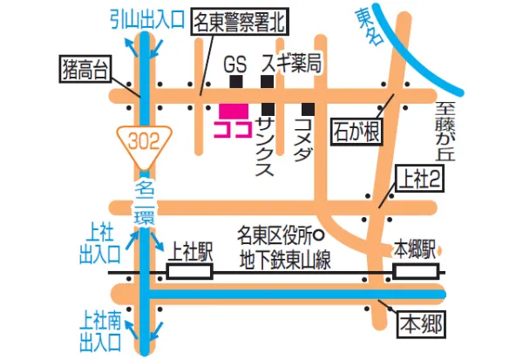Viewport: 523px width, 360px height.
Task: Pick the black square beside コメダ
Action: (308, 109)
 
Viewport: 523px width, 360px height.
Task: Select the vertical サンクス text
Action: (267, 149)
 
